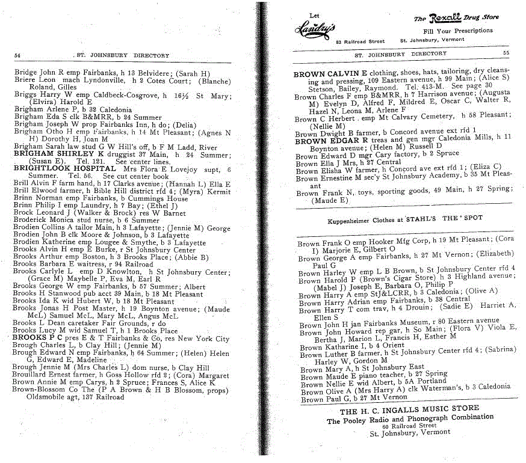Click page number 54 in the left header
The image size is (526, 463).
click(17, 55)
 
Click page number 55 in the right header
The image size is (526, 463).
click(506, 54)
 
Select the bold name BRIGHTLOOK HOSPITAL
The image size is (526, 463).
click(51, 169)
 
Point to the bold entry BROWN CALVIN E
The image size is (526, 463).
click(330, 74)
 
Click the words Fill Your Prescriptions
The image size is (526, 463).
click(458, 30)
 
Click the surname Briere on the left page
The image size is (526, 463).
click(25, 81)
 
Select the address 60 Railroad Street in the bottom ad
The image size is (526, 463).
click(409, 426)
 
